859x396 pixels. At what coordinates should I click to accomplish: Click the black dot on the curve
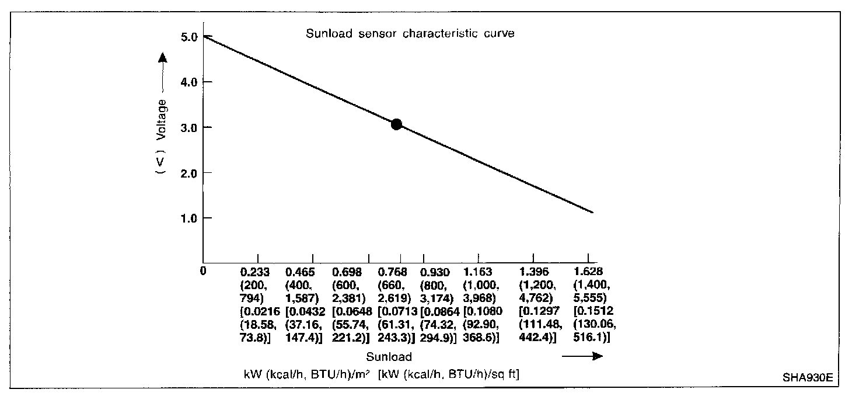click(396, 124)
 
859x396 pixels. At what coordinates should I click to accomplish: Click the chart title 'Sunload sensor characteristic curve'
click(410, 33)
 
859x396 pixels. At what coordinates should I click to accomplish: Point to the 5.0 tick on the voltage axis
click(190, 37)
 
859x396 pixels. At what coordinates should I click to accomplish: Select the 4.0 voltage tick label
click(190, 82)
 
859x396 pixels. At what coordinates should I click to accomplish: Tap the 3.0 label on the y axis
click(190, 127)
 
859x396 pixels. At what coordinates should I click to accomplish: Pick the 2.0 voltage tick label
click(190, 173)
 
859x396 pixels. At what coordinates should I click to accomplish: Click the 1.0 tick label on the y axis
click(190, 218)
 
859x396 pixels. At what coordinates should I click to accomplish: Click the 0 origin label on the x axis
click(203, 271)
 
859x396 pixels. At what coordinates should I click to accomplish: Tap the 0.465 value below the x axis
click(299, 272)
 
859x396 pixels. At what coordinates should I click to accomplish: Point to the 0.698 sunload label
click(347, 272)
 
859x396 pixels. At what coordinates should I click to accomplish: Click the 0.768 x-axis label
click(392, 272)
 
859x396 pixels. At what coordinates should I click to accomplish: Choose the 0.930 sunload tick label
click(434, 272)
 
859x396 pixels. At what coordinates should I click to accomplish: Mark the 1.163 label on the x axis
click(478, 272)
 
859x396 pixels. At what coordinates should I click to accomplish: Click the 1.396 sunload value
click(534, 272)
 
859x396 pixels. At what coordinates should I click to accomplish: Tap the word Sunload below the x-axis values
click(389, 357)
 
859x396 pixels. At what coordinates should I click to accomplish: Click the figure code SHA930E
click(808, 377)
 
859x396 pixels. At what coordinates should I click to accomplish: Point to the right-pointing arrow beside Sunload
click(582, 356)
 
